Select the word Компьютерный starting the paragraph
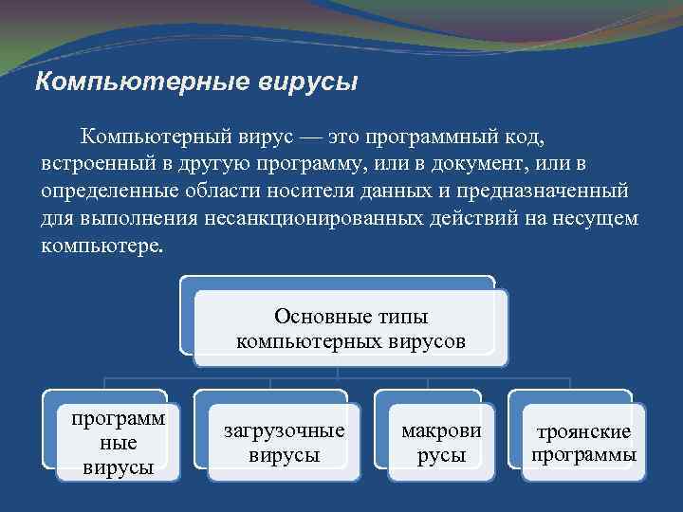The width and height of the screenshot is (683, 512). click(154, 138)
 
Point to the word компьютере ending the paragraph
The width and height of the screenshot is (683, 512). click(102, 246)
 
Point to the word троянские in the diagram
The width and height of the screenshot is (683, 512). click(583, 432)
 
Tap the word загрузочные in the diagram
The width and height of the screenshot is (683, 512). click(284, 430)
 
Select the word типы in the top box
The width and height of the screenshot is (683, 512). click(402, 316)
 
